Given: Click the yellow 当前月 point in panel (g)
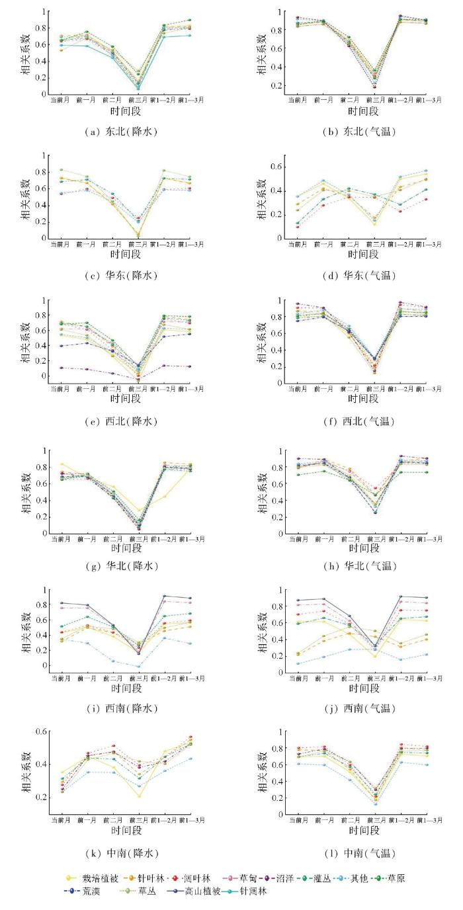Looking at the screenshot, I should pos(62,464).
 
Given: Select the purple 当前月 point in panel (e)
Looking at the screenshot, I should pos(62,368).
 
